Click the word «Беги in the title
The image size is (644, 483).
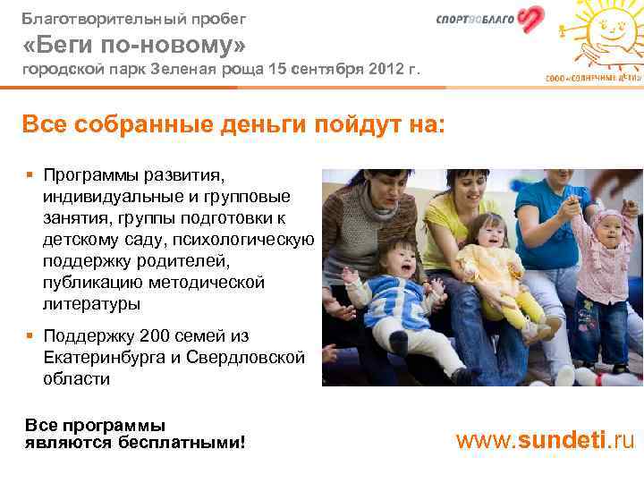coord(56,44)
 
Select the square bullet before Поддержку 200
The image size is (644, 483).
coord(30,337)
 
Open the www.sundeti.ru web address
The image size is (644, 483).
coord(546,440)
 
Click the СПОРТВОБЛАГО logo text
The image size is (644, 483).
coord(475,21)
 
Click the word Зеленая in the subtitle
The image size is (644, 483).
coord(183,69)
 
